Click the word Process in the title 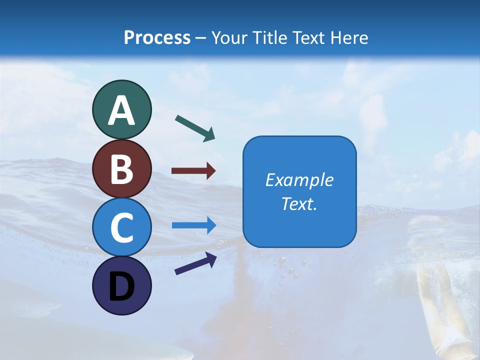[157, 37]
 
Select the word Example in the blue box [299, 180]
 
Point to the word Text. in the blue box [299, 203]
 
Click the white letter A [121, 111]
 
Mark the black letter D [121, 286]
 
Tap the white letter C [121, 228]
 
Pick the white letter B [121, 169]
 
